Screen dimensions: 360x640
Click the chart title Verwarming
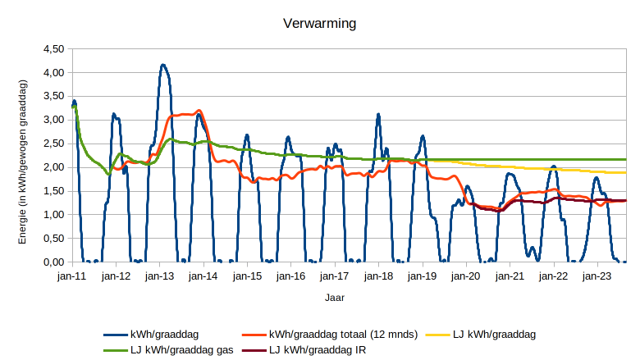319,24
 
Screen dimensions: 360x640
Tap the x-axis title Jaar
333,298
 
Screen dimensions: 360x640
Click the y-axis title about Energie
23,161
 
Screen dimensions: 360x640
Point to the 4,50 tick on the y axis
53,49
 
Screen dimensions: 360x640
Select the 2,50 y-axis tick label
53,144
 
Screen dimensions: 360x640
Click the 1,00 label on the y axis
53,215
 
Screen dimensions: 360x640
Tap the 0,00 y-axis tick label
53,262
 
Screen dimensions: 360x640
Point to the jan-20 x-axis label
466,276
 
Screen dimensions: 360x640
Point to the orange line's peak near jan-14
199,110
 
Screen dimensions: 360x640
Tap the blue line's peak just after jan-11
74,101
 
